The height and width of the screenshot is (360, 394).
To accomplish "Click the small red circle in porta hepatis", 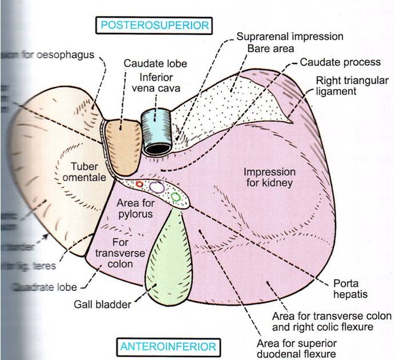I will [140, 184].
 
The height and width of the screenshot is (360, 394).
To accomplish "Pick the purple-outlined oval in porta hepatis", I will [156, 187].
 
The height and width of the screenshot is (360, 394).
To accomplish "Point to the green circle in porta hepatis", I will [176, 197].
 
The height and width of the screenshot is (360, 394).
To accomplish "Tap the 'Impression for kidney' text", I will [269, 177].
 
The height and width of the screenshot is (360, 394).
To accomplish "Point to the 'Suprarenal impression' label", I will [290, 37].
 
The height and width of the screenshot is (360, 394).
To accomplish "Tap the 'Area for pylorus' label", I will [134, 209].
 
